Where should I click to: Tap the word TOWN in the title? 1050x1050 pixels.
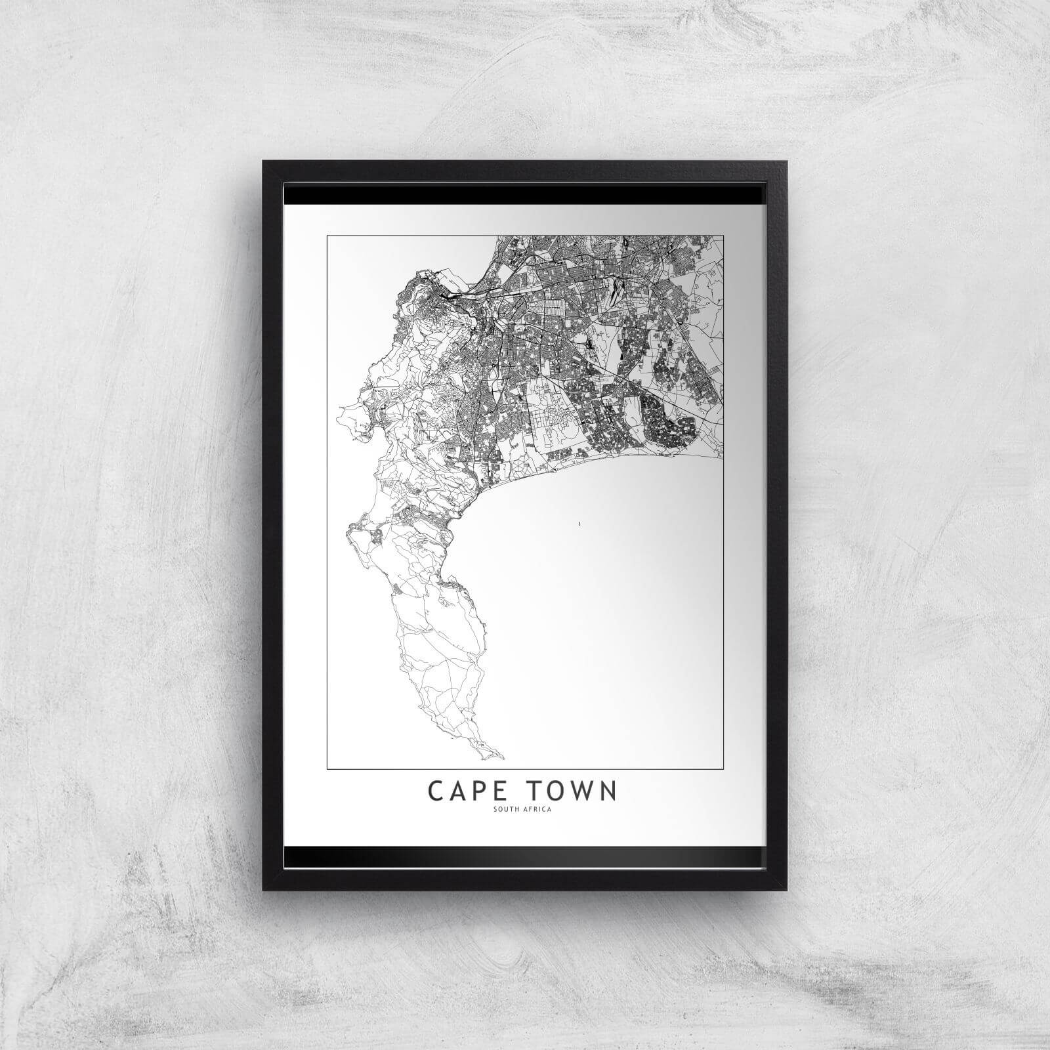point(573,791)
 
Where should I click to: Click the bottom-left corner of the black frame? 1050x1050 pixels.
point(263,890)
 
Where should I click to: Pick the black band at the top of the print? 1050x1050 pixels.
point(525,194)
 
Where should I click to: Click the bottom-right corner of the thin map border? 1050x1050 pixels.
point(723,768)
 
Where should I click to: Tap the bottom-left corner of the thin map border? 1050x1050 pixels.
point(327,768)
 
